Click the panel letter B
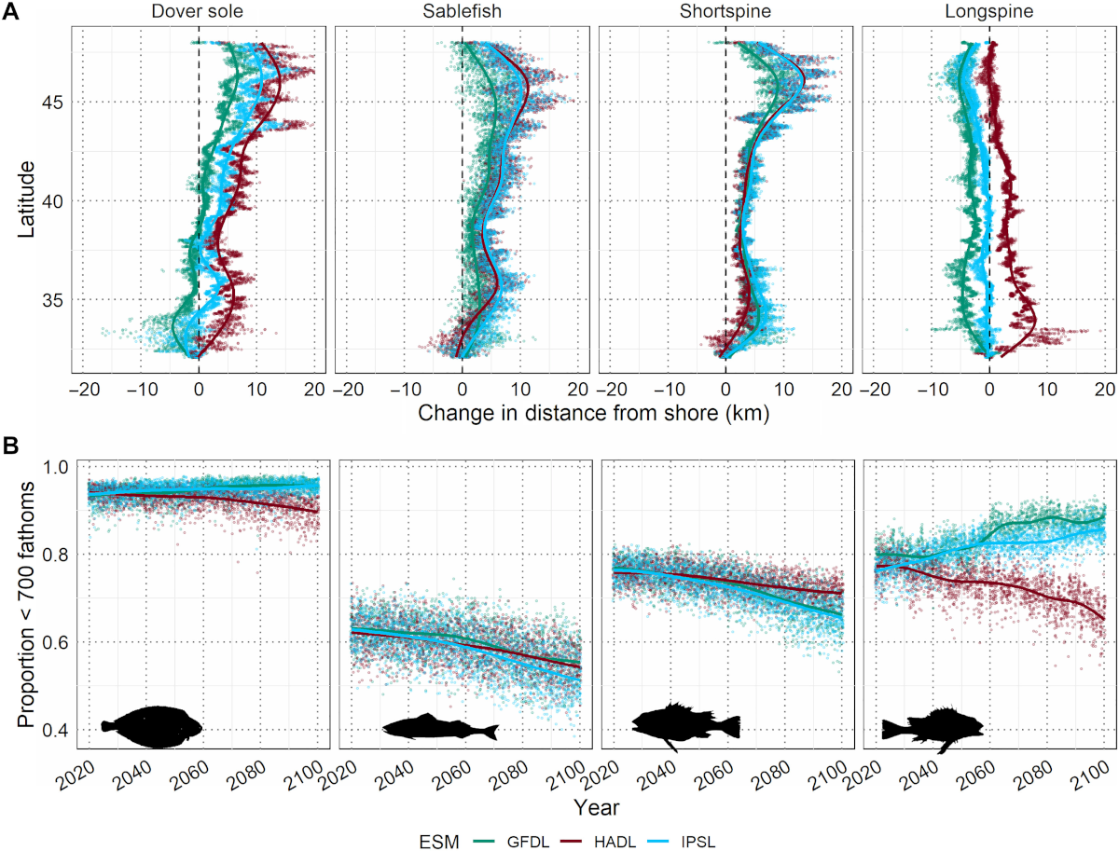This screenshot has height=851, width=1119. [x=12, y=446]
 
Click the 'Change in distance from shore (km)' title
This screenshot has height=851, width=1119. [x=593, y=411]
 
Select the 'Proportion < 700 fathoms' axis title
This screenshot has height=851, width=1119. [x=28, y=606]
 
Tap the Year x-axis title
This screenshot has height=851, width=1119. [x=593, y=804]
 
